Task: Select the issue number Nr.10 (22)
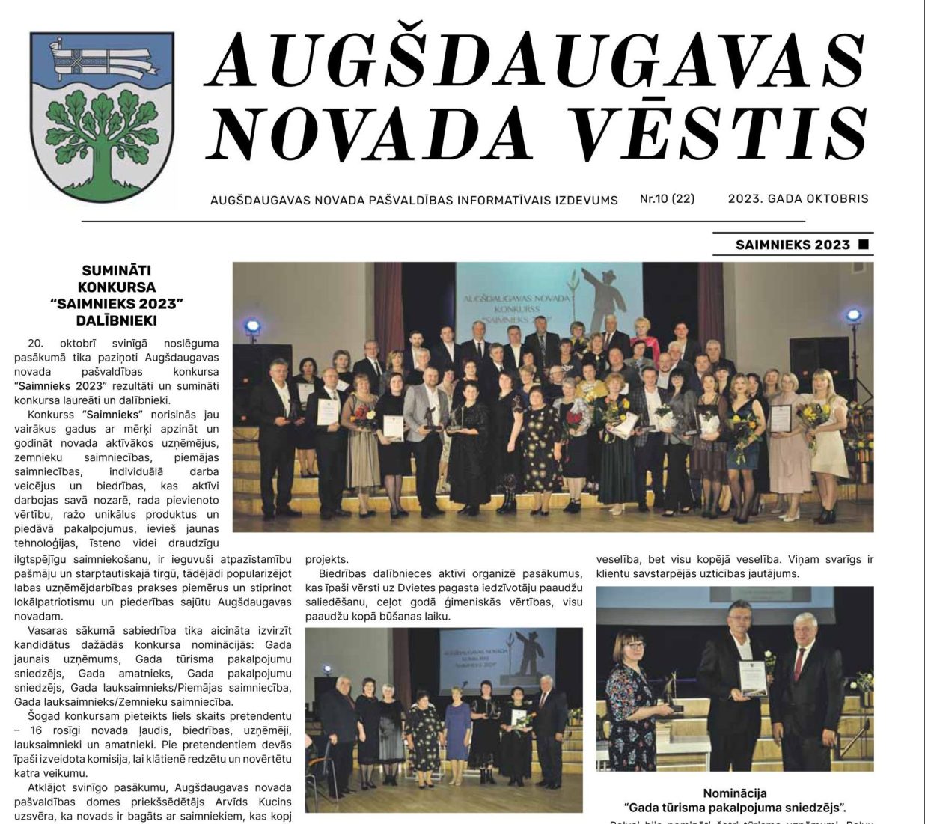click(667, 199)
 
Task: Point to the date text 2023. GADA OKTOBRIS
click(798, 199)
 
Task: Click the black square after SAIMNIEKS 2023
click(864, 244)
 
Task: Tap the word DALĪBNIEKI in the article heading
click(117, 320)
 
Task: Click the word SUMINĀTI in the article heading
click(117, 270)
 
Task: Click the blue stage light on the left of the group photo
click(252, 326)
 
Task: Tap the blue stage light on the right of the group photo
click(853, 315)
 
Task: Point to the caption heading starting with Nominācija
click(734, 793)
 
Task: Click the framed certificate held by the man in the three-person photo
click(753, 677)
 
